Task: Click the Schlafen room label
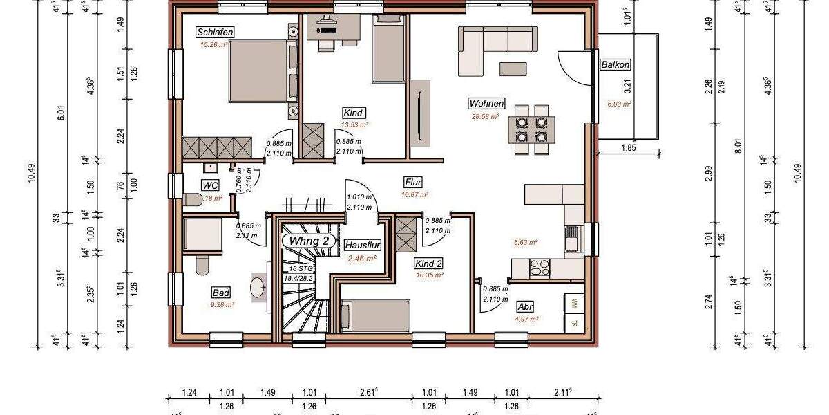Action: pyautogui.click(x=215, y=33)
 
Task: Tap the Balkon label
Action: pyautogui.click(x=615, y=64)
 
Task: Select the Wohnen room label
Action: pyautogui.click(x=486, y=104)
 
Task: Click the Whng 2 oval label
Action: pyautogui.click(x=309, y=241)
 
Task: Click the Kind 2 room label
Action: pyautogui.click(x=428, y=264)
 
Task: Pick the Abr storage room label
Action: pyautogui.click(x=525, y=307)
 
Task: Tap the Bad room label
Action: pyautogui.click(x=221, y=293)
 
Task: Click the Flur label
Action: pyautogui.click(x=413, y=183)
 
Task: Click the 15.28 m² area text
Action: pyautogui.click(x=213, y=44)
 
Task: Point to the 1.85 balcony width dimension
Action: pyautogui.click(x=628, y=148)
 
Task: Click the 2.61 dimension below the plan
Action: pyautogui.click(x=368, y=393)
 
